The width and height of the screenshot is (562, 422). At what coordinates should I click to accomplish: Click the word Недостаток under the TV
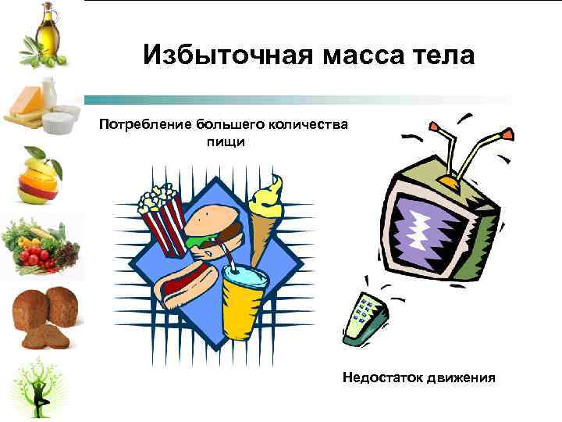pyautogui.click(x=378, y=377)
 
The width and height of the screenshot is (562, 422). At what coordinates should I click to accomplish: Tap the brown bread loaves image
pyautogui.click(x=43, y=316)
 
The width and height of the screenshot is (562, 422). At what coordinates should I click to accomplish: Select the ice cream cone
pyautogui.click(x=265, y=211)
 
